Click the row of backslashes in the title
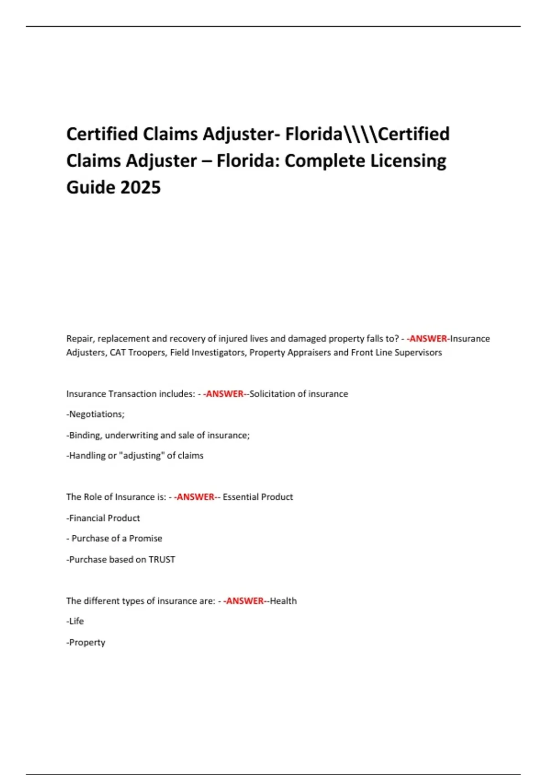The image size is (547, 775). pyautogui.click(x=361, y=134)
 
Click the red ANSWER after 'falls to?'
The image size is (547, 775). pyautogui.click(x=428, y=339)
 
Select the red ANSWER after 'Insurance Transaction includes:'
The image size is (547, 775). pyautogui.click(x=225, y=394)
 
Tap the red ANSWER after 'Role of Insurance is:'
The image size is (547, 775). pyautogui.click(x=196, y=497)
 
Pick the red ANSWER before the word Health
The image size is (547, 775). pyautogui.click(x=245, y=601)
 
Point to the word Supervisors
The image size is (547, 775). pyautogui.click(x=418, y=352)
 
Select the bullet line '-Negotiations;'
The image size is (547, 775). pyautogui.click(x=95, y=414)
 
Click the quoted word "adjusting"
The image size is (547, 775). pyautogui.click(x=141, y=455)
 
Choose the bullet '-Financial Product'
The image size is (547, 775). pyautogui.click(x=103, y=518)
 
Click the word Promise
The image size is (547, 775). pyautogui.click(x=145, y=538)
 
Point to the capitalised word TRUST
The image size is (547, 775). pyautogui.click(x=162, y=559)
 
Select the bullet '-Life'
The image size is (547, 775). pyautogui.click(x=75, y=621)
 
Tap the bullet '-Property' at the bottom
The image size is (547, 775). pyautogui.click(x=86, y=642)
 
